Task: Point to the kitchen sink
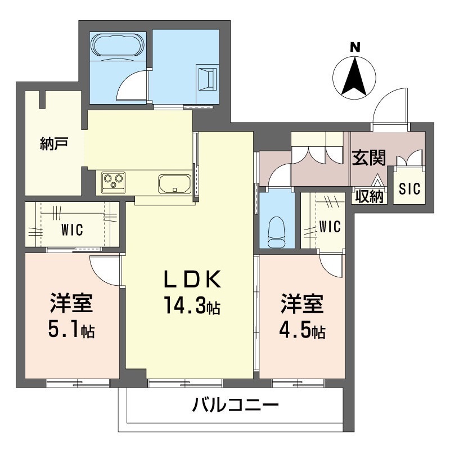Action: [x=174, y=183]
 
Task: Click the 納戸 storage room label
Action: [x=54, y=143]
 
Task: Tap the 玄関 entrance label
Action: [x=368, y=158]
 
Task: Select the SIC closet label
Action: [x=409, y=189]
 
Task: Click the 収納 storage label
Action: [x=369, y=197]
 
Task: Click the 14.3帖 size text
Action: [x=191, y=307]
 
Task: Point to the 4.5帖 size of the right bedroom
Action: [x=302, y=330]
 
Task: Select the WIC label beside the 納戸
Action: [x=71, y=229]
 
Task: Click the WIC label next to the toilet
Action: [x=330, y=227]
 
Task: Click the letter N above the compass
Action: [x=355, y=48]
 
